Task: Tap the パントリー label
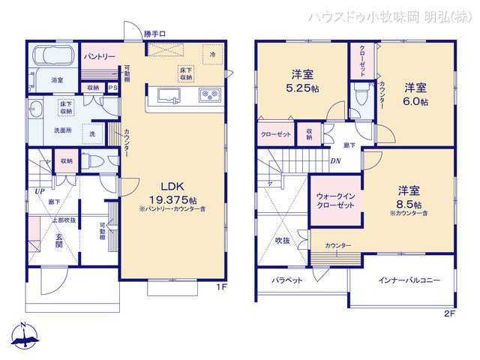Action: (99, 57)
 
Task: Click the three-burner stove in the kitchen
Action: (208, 95)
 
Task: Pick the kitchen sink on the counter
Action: (167, 95)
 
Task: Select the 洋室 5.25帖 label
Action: (303, 80)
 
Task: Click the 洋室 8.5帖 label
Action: (409, 196)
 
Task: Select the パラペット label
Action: (287, 280)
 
